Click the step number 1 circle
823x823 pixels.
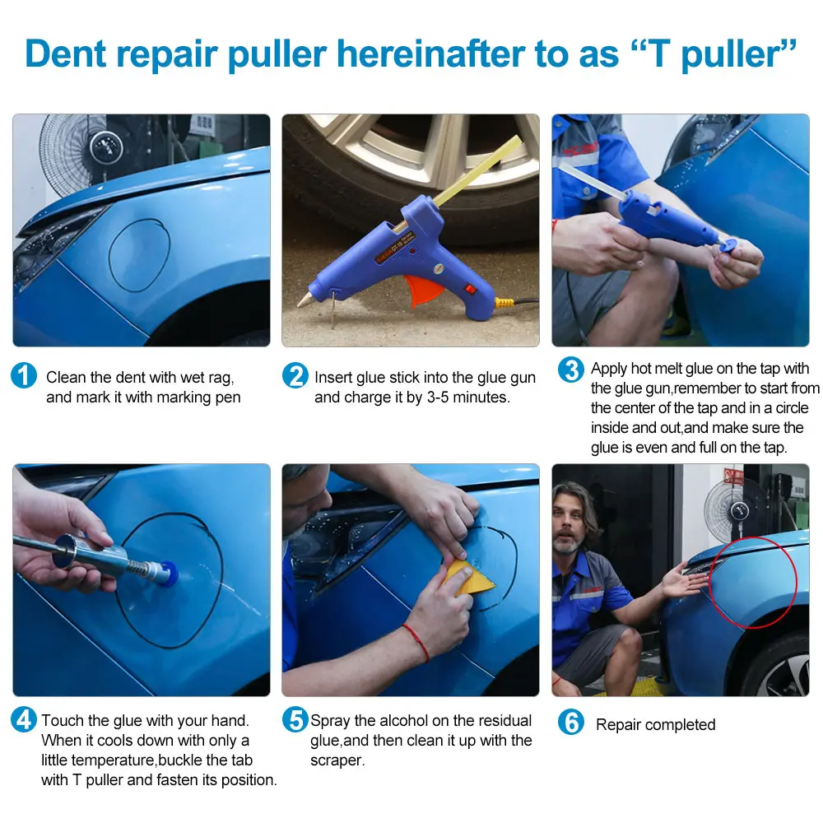[24, 375]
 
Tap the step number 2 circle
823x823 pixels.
[295, 375]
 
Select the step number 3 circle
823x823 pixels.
[571, 370]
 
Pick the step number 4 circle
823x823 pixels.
[24, 719]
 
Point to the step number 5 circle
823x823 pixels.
[295, 719]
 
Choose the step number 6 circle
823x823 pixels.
[571, 722]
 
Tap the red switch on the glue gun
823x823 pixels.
[470, 289]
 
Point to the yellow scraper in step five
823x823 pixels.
[467, 578]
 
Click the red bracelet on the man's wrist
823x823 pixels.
[417, 641]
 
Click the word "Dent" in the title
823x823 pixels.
[66, 53]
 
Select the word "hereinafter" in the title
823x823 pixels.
[430, 53]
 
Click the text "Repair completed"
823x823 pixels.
[656, 724]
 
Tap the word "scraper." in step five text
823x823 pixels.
[337, 760]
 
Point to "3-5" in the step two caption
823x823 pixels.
[438, 398]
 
